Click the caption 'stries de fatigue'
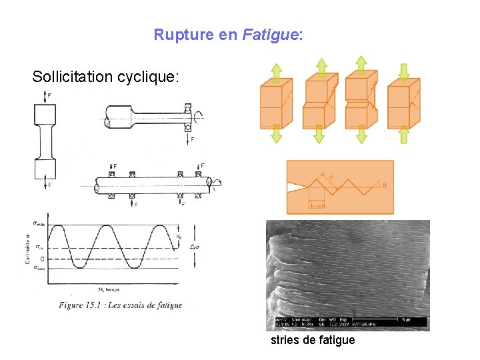[313, 341]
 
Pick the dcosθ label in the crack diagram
[317, 207]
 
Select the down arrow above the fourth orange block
[403, 71]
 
